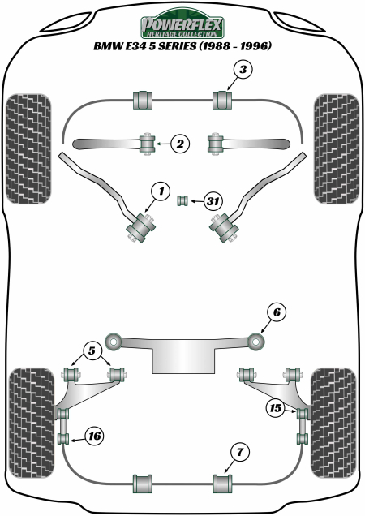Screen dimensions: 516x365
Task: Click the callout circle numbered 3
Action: coord(243,71)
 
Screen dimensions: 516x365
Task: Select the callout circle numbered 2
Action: coord(180,144)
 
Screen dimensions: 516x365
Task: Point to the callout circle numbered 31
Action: coord(213,200)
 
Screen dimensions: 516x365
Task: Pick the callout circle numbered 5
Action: coord(91,351)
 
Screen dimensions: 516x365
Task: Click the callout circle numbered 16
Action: coord(94,436)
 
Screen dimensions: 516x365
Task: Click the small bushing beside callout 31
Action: coord(182,200)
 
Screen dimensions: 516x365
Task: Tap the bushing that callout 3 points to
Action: coord(221,101)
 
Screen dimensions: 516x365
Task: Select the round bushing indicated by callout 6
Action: coord(257,342)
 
